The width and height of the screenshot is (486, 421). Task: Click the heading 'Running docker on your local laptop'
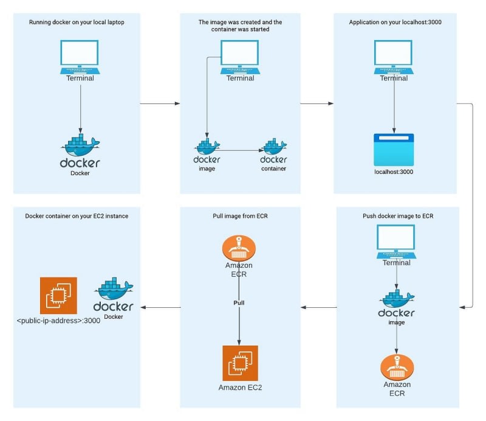click(x=77, y=23)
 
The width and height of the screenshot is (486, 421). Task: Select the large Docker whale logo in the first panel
click(x=80, y=149)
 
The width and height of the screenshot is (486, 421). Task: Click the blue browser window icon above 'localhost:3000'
click(x=394, y=150)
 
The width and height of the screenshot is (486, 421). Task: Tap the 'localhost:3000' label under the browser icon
click(x=394, y=172)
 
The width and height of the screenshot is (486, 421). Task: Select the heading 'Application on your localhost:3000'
click(x=396, y=23)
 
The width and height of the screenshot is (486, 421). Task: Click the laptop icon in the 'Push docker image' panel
click(x=396, y=242)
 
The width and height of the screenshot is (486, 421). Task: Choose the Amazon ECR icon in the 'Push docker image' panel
click(x=397, y=367)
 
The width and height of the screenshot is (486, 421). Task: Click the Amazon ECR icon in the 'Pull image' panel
click(x=239, y=249)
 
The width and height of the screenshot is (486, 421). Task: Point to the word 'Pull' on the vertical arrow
click(x=239, y=302)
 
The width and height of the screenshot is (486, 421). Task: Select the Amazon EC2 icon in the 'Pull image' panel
click(x=240, y=363)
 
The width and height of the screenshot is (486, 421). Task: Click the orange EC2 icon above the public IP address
click(x=58, y=296)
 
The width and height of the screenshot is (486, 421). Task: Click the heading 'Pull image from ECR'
click(x=240, y=215)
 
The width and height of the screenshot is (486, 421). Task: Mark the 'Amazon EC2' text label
click(x=240, y=388)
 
